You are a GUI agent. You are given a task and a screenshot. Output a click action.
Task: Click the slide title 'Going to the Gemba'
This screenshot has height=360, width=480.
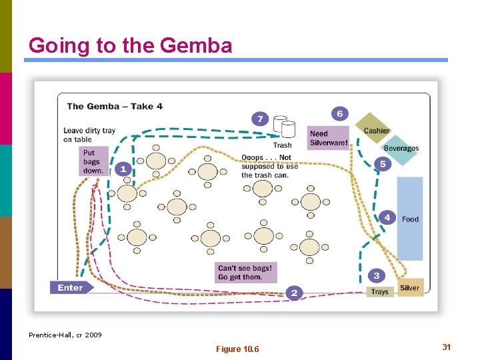click(131, 45)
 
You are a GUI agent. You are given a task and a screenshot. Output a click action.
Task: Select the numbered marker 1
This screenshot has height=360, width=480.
click(123, 169)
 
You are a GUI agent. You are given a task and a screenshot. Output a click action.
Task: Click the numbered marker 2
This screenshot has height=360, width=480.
click(294, 292)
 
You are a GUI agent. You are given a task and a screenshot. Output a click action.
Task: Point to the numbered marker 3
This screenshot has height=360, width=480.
click(377, 275)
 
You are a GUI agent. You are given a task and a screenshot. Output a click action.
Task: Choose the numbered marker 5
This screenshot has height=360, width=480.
click(383, 163)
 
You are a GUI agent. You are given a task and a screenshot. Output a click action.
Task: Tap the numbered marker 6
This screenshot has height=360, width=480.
click(339, 114)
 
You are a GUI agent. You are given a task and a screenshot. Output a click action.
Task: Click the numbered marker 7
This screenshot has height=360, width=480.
click(260, 119)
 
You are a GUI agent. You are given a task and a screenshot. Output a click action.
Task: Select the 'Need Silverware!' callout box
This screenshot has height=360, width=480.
click(328, 138)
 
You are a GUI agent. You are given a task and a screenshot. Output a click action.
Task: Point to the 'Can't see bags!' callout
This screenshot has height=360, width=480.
click(245, 273)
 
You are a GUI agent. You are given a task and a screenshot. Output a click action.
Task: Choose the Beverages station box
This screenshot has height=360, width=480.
click(401, 148)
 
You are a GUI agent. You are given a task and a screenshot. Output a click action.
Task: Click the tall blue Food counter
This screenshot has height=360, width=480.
click(410, 218)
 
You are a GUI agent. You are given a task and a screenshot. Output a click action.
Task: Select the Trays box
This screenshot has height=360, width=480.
click(379, 291)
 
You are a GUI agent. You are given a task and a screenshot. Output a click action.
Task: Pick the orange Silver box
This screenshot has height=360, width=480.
click(410, 288)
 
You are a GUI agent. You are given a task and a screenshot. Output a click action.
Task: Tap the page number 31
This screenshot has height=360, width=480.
click(446, 347)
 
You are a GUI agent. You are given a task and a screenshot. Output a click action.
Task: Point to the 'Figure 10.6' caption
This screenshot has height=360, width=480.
click(238, 349)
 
